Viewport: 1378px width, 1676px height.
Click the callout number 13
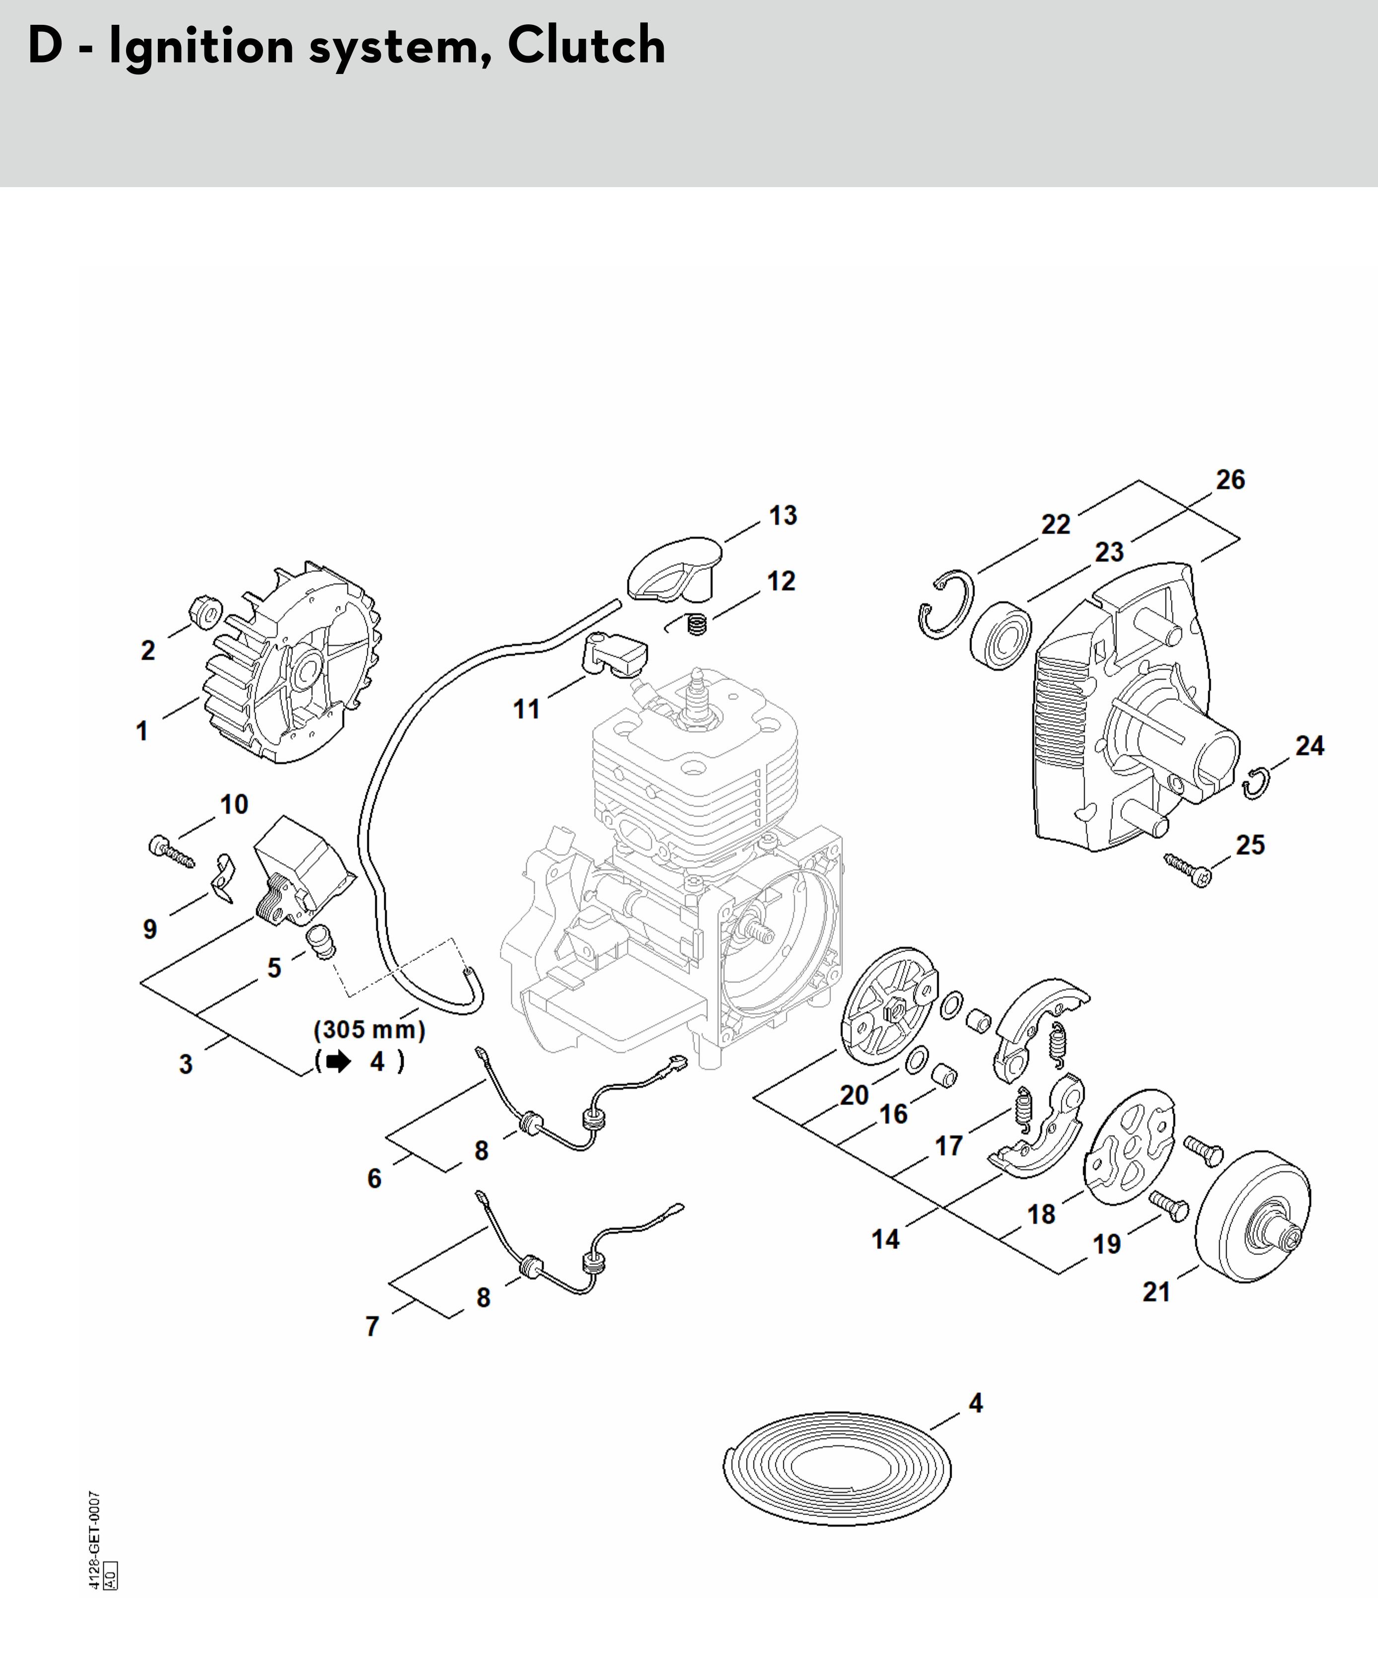coord(783,516)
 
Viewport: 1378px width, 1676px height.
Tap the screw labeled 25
coord(1188,870)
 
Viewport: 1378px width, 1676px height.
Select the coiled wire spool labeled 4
coord(837,1469)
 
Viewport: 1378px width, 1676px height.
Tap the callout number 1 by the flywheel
coord(142,730)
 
